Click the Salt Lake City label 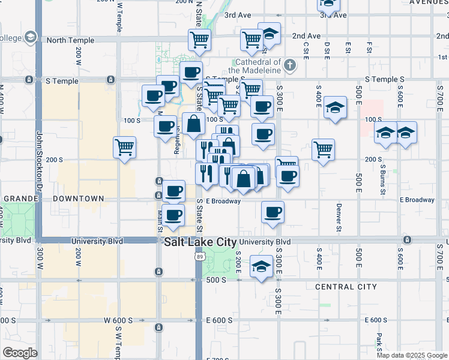pos(200,242)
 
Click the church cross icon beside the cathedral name pos(290,64)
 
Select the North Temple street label pos(70,40)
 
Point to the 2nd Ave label pos(306,36)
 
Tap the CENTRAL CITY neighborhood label pos(346,287)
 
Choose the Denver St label pos(339,218)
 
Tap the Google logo pos(20,353)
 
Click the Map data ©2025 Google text pos(412,355)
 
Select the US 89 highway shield pos(199,256)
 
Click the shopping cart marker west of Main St pos(124,146)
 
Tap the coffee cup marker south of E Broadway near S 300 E pos(273,212)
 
